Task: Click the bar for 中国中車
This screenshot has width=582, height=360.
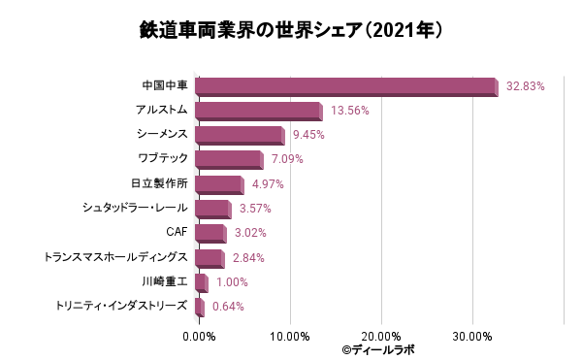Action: coord(346,87)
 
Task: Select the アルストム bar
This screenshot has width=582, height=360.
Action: coord(259,112)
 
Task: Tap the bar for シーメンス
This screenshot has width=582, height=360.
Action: coord(240,136)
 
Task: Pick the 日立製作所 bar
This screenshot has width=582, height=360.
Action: coord(219,184)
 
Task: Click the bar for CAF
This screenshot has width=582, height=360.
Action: coord(210,234)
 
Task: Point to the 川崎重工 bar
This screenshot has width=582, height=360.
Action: coord(201,282)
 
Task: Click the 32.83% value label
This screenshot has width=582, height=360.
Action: coord(525,86)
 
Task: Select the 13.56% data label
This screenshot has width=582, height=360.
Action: coord(349,111)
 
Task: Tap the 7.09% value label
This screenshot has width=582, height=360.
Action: coord(287,159)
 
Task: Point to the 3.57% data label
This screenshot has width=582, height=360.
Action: coord(255,209)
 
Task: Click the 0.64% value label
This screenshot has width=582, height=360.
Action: coord(228,307)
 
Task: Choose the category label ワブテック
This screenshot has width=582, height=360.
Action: coord(163,158)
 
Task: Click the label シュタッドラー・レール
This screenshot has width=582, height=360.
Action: coord(135,208)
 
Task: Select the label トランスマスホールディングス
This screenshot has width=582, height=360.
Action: coord(115,257)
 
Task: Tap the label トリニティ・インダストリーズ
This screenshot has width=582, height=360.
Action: coord(121,306)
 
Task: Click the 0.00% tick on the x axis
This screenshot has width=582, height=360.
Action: coord(199,337)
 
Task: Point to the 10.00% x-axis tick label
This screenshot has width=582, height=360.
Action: coord(290,337)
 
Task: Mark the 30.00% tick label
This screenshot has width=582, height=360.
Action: coord(472,337)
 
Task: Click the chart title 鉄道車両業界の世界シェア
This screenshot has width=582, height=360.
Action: coord(251,30)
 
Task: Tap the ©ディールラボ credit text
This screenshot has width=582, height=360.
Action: coord(378,350)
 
